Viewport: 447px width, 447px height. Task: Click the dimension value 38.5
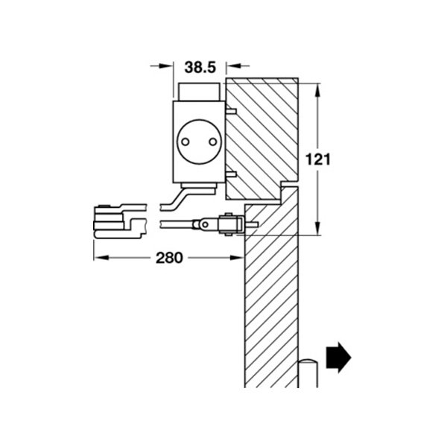[200, 67]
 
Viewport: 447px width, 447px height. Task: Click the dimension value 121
[318, 159]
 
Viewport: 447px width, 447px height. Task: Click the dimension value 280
[171, 259]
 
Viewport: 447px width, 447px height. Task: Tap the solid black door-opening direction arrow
[338, 357]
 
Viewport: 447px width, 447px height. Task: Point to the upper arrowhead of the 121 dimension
[319, 90]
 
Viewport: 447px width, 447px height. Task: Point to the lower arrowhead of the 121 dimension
[319, 228]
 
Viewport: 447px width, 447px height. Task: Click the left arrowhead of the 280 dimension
[100, 259]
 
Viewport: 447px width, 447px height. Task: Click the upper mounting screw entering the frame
[230, 112]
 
